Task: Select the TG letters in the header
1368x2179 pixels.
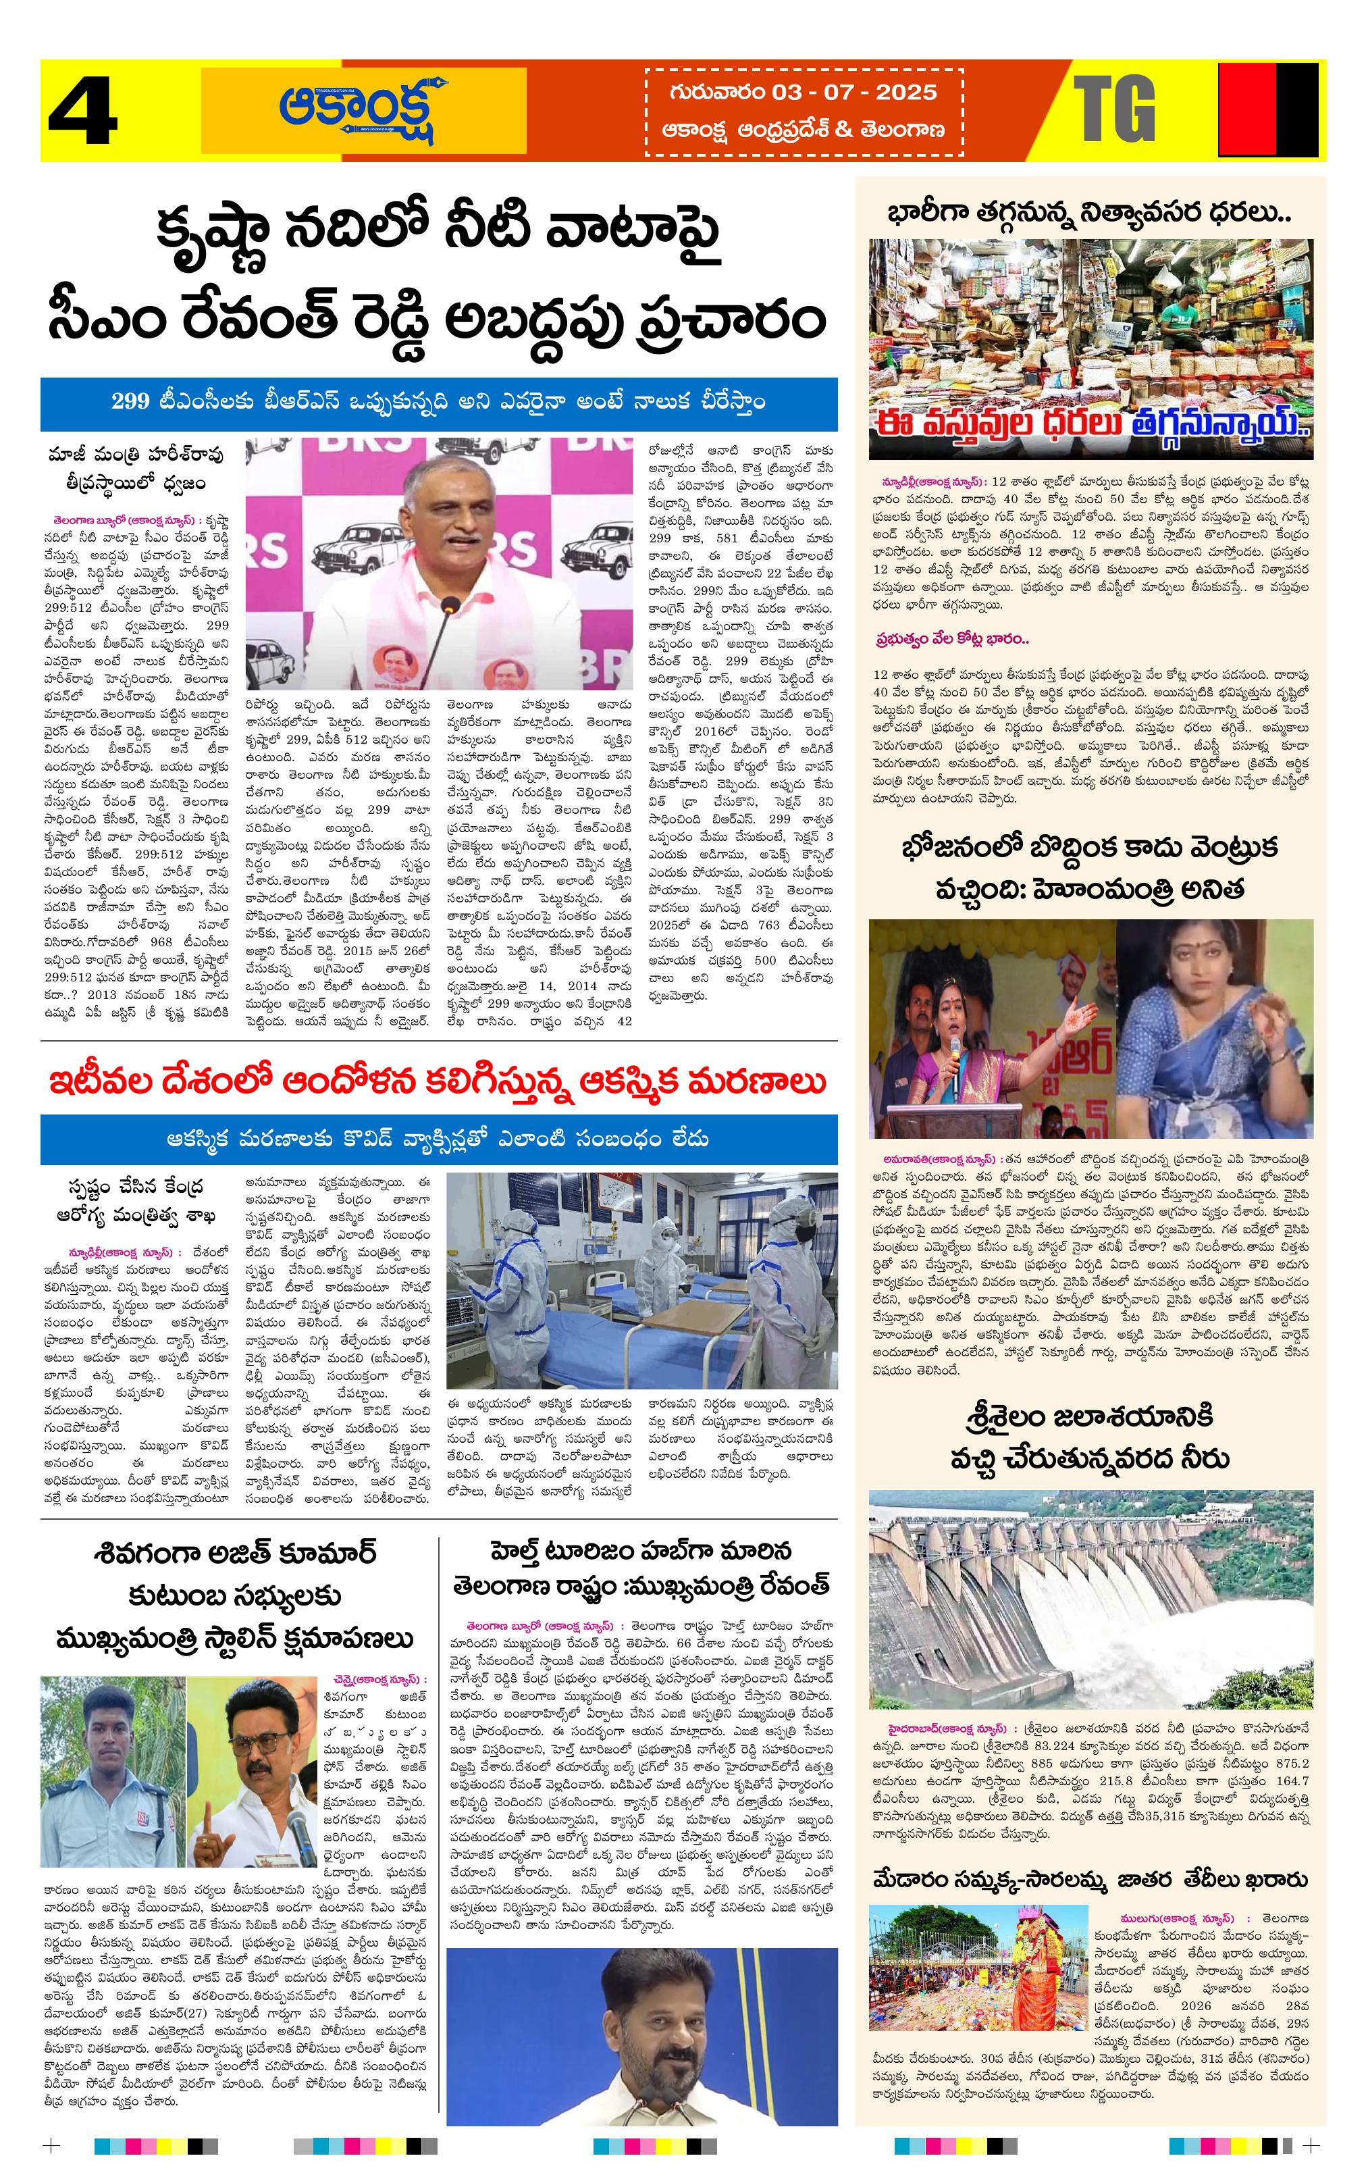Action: click(x=1115, y=109)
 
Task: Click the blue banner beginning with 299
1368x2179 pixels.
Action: click(x=439, y=404)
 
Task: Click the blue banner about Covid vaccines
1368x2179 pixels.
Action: click(x=439, y=1139)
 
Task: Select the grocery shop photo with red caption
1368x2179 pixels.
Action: click(x=1090, y=349)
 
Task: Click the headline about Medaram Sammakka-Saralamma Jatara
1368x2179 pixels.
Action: click(x=1090, y=1880)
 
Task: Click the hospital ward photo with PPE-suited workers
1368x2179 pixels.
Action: click(x=642, y=1281)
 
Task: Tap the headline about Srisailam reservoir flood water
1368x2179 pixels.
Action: click(x=1090, y=1436)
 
